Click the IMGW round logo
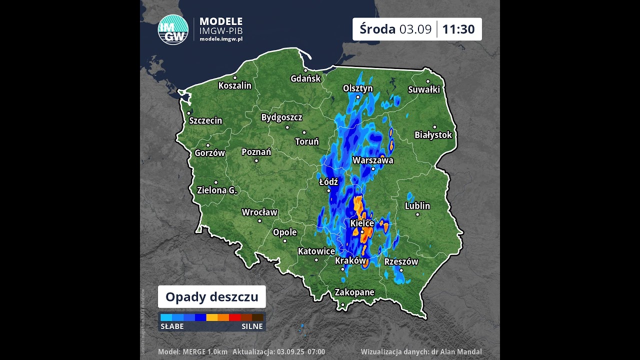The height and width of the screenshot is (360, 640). coord(173,30)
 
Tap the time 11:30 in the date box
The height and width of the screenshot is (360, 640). coord(458,29)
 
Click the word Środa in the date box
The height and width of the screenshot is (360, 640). coord(377,29)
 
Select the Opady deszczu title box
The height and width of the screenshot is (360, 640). coord(212,297)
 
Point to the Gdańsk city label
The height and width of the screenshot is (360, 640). coord(305,78)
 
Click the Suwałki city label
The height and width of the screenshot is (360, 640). coord(424,89)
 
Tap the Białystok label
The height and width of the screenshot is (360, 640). coord(433,135)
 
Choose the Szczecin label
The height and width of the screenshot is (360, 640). coord(205,120)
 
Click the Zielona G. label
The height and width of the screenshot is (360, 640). coord(217,190)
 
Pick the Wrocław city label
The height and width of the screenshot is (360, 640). coord(259,212)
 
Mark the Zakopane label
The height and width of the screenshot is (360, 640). coord(354,292)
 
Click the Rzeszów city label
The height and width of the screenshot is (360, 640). coord(401,261)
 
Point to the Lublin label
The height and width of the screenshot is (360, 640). coord(417,206)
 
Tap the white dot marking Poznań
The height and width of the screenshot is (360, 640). coord(256,160)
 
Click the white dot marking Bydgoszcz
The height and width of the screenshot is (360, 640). coord(287,127)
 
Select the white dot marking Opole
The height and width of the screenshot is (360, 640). coord(285,240)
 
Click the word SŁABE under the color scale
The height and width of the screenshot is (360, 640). coord(172,326)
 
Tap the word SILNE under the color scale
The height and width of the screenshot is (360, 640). coord(252,326)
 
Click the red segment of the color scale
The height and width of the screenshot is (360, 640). coord(234,317)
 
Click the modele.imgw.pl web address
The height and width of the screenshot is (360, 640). coord(220,39)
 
